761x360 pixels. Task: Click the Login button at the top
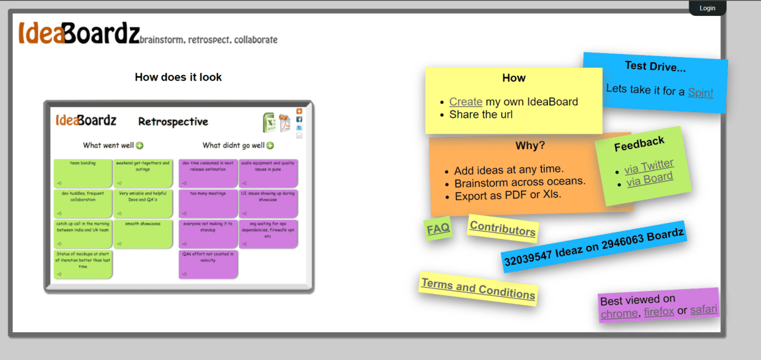tap(707, 8)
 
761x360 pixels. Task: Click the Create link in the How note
tap(465, 101)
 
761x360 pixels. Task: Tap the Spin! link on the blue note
tap(700, 93)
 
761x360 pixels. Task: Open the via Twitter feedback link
tap(649, 167)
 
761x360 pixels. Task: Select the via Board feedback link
tap(649, 179)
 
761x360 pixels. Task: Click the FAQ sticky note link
tap(438, 229)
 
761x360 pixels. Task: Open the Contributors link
tap(502, 229)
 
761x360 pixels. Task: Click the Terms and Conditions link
tap(478, 289)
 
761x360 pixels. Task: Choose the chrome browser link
tap(619, 313)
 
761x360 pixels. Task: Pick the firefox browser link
tap(658, 312)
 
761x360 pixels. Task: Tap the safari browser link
tap(703, 310)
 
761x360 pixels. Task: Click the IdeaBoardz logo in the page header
tap(79, 33)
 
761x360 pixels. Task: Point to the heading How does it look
tap(178, 77)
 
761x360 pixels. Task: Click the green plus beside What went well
tap(140, 146)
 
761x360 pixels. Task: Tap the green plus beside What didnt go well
tap(270, 146)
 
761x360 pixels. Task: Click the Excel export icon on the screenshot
tap(269, 121)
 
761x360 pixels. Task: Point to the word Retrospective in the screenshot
tap(173, 122)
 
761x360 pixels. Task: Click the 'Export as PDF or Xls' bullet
tap(507, 196)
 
